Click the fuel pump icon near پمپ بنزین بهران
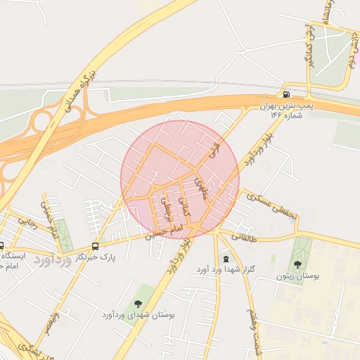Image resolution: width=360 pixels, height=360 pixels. [x=285, y=95]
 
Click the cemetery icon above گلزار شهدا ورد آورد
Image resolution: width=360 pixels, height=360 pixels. [x=225, y=257]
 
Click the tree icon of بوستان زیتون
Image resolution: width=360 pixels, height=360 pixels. [x=297, y=264]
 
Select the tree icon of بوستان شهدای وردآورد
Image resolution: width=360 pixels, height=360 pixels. [x=136, y=303]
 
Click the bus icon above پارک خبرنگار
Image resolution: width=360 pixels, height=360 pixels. [x=96, y=246]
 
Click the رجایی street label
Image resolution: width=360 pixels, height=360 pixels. [x=27, y=222]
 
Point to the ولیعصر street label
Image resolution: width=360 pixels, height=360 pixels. [x=49, y=325]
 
